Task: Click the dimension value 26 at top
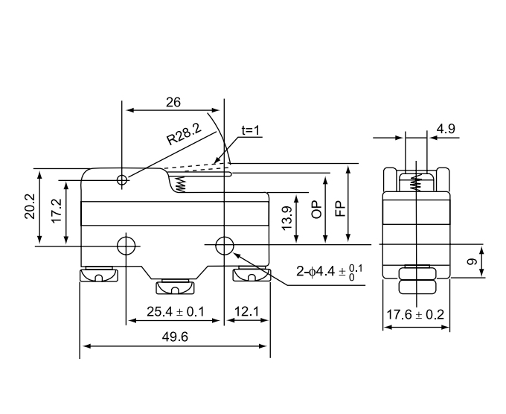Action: pos(173,102)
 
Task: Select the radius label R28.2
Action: pos(184,135)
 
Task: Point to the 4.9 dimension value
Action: pos(446,129)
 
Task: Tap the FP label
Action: pos(340,206)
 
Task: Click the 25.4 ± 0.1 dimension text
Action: pos(176,310)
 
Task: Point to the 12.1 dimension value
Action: pos(246,310)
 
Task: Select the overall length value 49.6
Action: pos(174,337)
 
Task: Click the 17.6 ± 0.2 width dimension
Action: pos(415,315)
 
